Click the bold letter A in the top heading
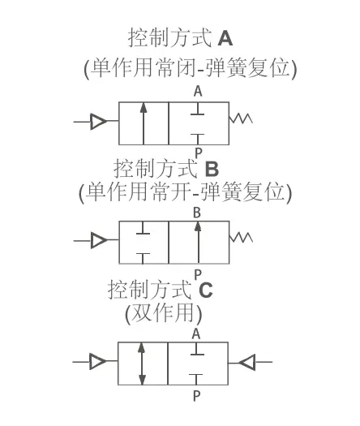pyautogui.click(x=225, y=38)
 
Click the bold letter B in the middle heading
pyautogui.click(x=212, y=169)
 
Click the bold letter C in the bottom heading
pyautogui.click(x=205, y=290)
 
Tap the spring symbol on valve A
pyautogui.click(x=241, y=118)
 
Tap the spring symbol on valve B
pyautogui.click(x=241, y=237)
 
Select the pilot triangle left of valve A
pyautogui.click(x=98, y=122)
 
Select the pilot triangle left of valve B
pyautogui.click(x=99, y=240)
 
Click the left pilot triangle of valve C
pyautogui.click(x=98, y=361)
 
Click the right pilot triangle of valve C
pyautogui.click(x=247, y=362)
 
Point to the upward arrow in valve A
pyautogui.click(x=144, y=123)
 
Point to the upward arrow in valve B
pyautogui.click(x=198, y=243)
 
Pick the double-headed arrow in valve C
pyautogui.click(x=141, y=364)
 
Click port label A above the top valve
pyautogui.click(x=198, y=91)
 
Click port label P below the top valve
pyautogui.click(x=199, y=153)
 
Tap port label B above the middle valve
pyautogui.click(x=197, y=213)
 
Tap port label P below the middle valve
pyautogui.click(x=198, y=275)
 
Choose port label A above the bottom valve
pyautogui.click(x=196, y=333)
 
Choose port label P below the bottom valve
pyautogui.click(x=196, y=396)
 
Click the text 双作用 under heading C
pyautogui.click(x=163, y=312)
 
